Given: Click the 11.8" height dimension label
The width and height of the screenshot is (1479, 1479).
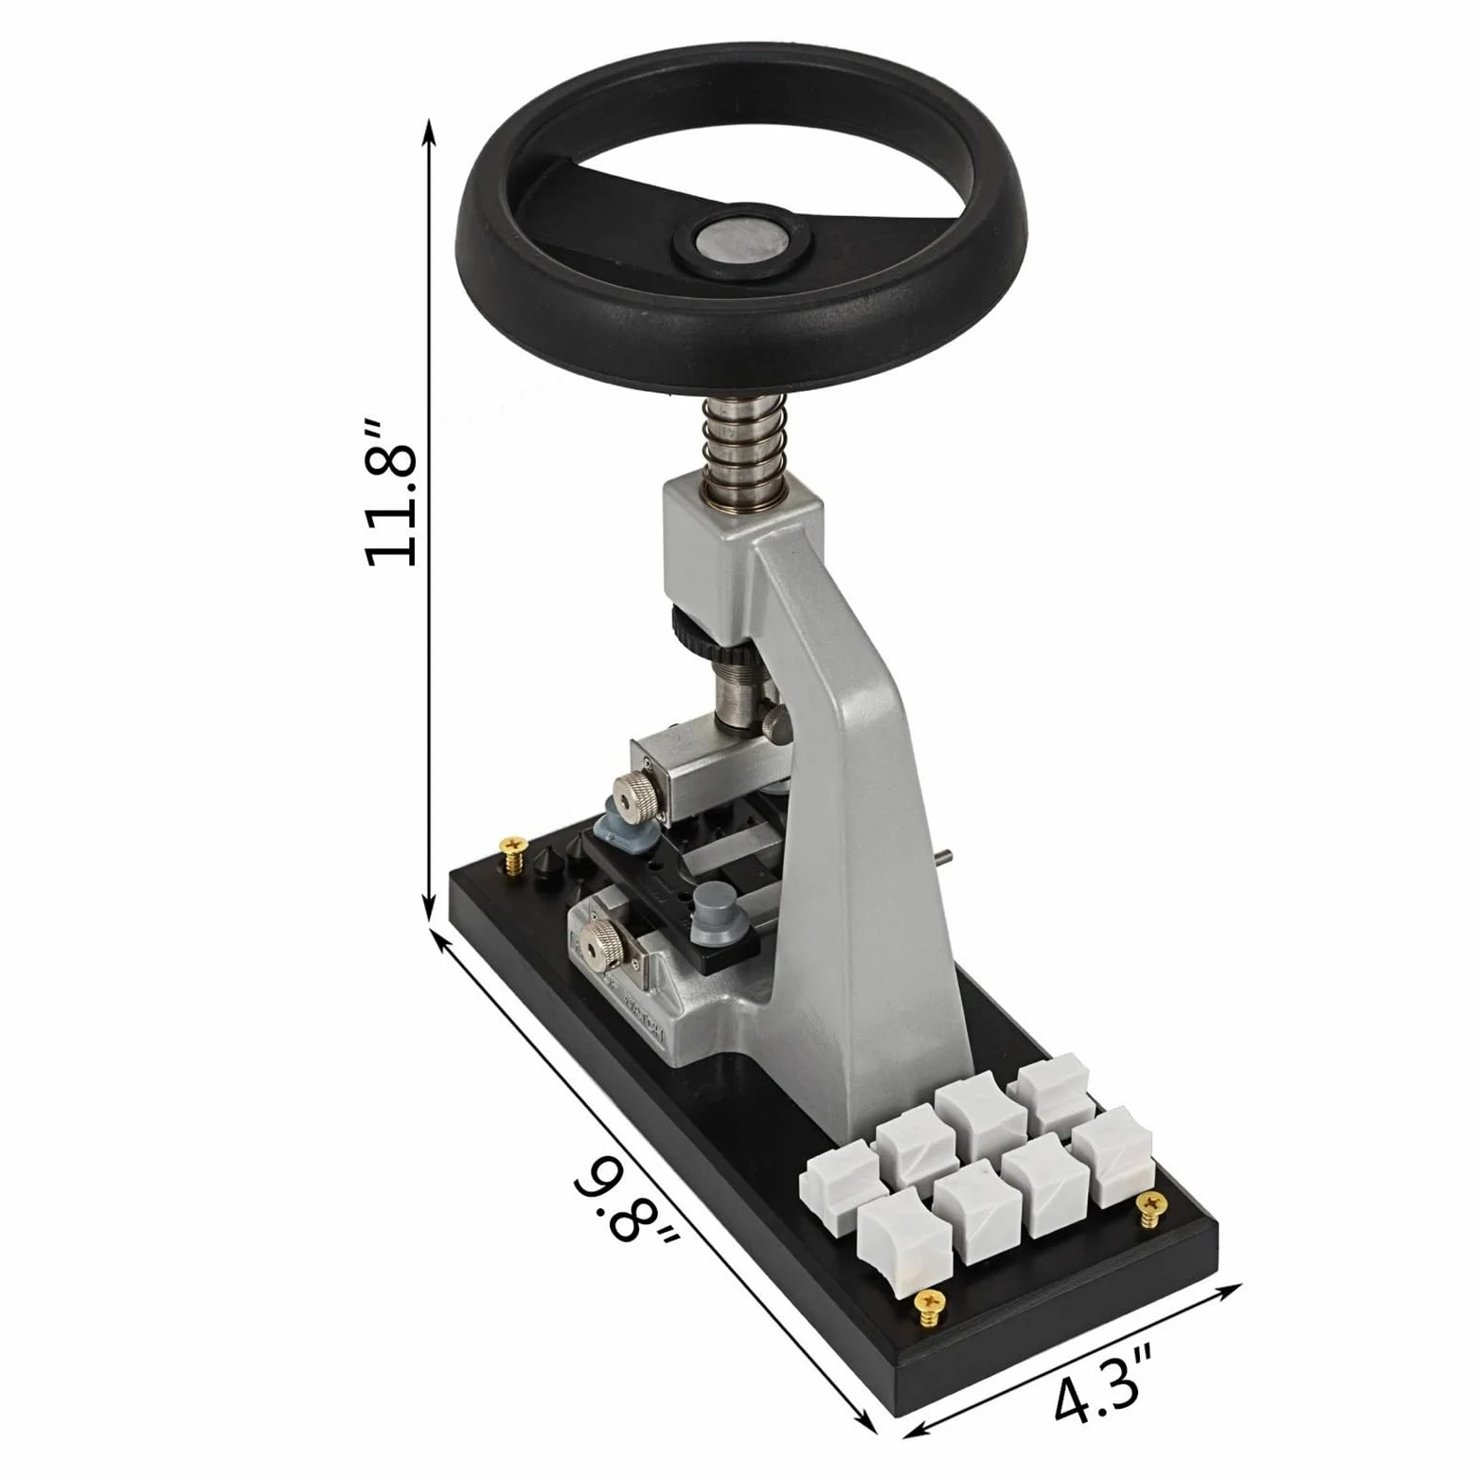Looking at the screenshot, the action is pos(390,491).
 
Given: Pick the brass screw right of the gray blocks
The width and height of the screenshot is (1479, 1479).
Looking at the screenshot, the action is pos(1151,1209).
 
